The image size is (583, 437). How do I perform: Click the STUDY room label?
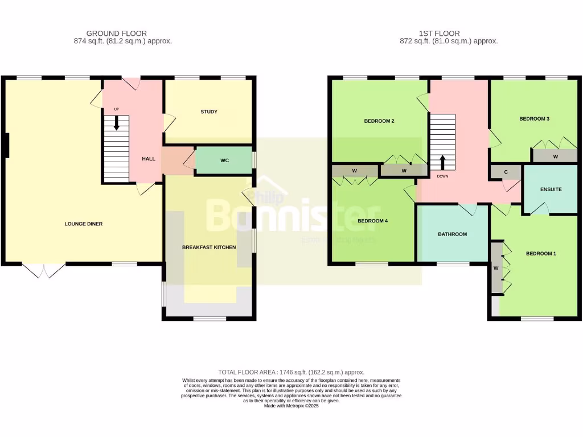point(209,112)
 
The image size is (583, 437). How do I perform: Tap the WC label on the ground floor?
point(224,160)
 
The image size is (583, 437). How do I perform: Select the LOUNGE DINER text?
point(83,224)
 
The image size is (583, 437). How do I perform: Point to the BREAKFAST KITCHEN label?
point(209,248)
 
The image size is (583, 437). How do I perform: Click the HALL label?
point(149,159)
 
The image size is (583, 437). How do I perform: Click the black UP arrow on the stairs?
point(117,123)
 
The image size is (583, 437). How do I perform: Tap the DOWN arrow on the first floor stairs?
point(442,162)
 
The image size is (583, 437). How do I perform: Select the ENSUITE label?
point(551,189)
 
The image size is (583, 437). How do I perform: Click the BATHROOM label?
point(452,234)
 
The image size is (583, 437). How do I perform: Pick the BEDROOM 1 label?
point(540,254)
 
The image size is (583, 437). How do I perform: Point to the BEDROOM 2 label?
point(379,121)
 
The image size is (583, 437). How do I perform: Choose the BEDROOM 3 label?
point(534,119)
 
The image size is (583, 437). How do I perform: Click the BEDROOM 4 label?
point(372,221)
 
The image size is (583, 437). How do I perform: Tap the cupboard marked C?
point(506,172)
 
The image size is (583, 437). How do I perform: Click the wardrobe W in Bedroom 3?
point(555,155)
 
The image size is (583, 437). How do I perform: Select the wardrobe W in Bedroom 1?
point(496,268)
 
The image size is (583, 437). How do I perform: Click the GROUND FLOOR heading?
point(116,34)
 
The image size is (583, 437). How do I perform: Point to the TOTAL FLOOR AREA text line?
point(291,372)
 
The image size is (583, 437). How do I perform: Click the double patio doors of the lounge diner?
point(44,271)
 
